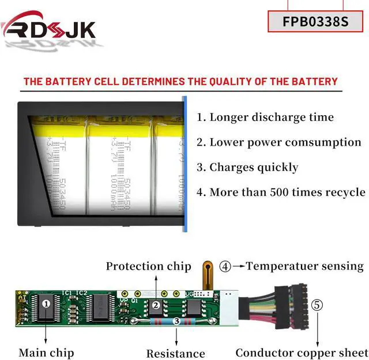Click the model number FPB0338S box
click(x=315, y=21)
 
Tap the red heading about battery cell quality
click(x=180, y=81)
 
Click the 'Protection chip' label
click(x=148, y=266)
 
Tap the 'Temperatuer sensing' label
click(x=304, y=266)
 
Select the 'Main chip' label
click(x=46, y=352)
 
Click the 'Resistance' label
click(x=175, y=353)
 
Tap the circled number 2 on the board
click(x=156, y=305)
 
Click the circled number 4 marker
click(x=225, y=266)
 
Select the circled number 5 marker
click(x=318, y=304)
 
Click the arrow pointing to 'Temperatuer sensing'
click(x=239, y=266)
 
